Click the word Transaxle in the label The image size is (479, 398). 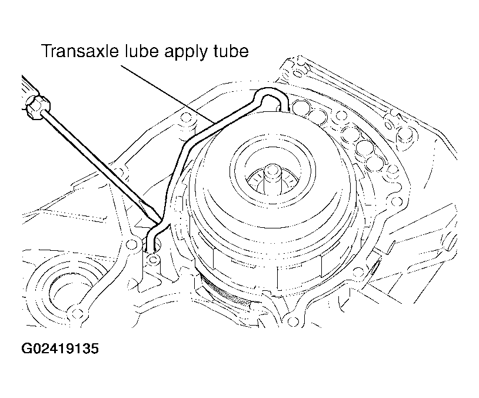coord(79,51)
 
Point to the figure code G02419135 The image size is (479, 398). coord(60,348)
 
